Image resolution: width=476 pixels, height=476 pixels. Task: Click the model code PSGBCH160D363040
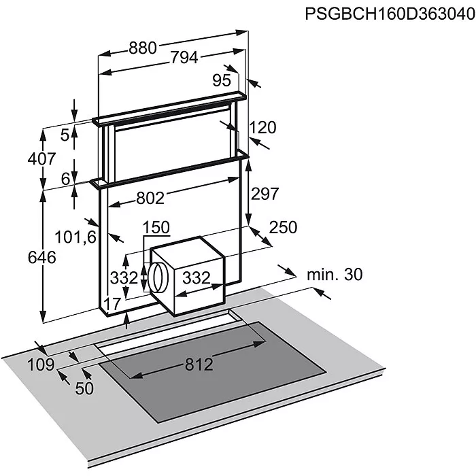pyautogui.click(x=390, y=14)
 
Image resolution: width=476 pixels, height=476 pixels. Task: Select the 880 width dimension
pyautogui.click(x=143, y=48)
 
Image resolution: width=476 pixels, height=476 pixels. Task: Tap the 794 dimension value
pyautogui.click(x=184, y=57)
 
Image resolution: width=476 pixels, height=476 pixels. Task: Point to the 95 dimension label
pyautogui.click(x=222, y=80)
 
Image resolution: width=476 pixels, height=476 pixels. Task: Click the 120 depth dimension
pyautogui.click(x=263, y=127)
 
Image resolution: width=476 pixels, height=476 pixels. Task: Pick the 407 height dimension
pyautogui.click(x=42, y=158)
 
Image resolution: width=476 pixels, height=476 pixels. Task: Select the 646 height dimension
pyautogui.click(x=42, y=258)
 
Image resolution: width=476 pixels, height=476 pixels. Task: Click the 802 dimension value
pyautogui.click(x=150, y=199)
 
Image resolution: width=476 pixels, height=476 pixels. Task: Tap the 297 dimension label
pyautogui.click(x=265, y=194)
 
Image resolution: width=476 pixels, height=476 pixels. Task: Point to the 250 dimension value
pyautogui.click(x=284, y=227)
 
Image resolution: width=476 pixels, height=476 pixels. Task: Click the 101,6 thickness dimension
pyautogui.click(x=75, y=237)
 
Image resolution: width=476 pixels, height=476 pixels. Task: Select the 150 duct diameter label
pyautogui.click(x=156, y=227)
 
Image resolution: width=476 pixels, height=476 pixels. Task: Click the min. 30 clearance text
pyautogui.click(x=335, y=275)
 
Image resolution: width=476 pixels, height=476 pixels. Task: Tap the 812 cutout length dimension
pyautogui.click(x=199, y=364)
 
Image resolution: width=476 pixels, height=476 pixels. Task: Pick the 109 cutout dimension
pyautogui.click(x=41, y=364)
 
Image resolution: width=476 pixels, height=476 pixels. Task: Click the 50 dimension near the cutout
pyautogui.click(x=84, y=388)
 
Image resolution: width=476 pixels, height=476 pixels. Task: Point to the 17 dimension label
pyautogui.click(x=113, y=303)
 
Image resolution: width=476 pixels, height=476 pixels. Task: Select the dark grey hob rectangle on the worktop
pyautogui.click(x=212, y=372)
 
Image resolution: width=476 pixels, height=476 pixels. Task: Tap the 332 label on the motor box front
pyautogui.click(x=197, y=277)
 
